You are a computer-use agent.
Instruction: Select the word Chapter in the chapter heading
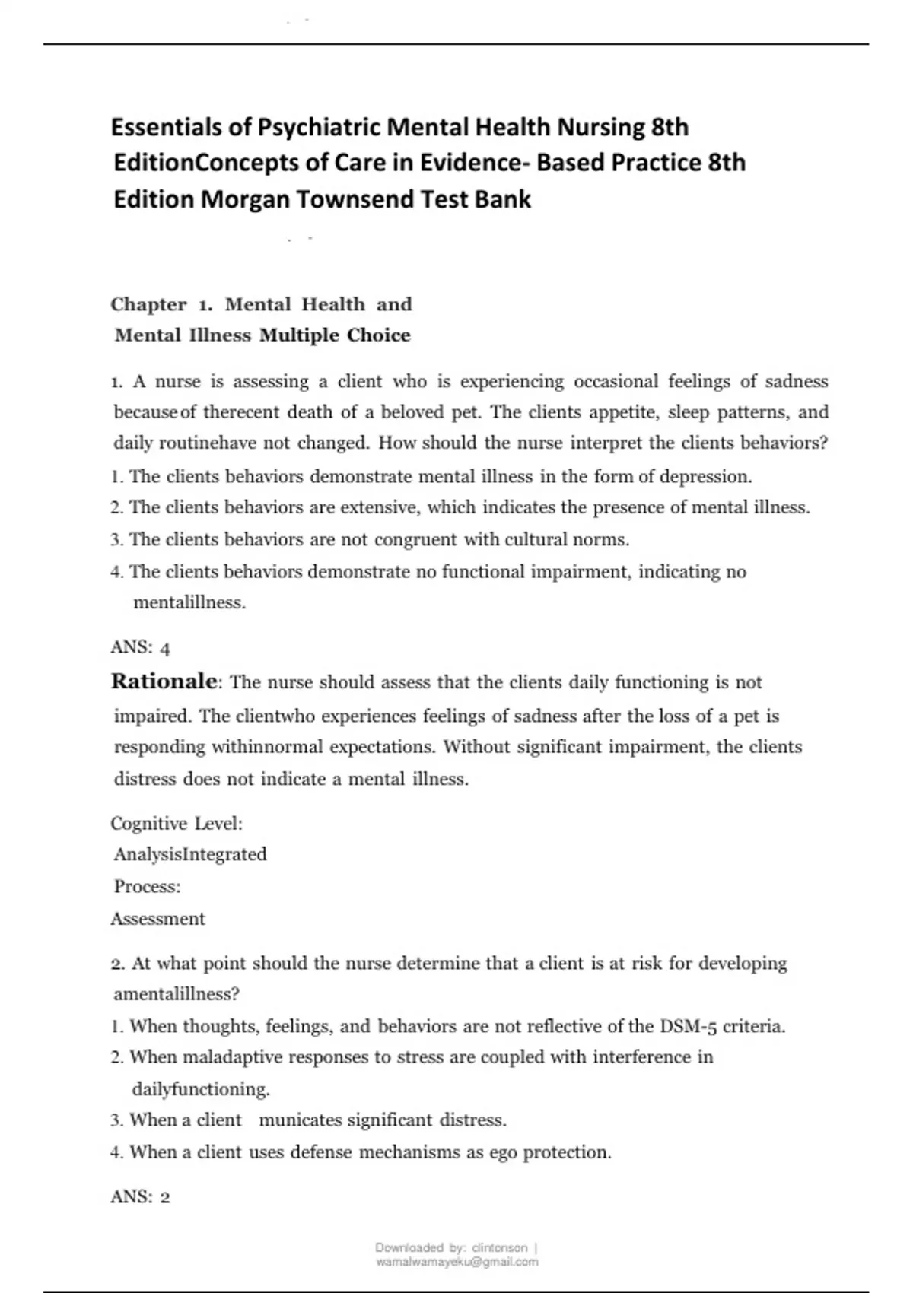148,304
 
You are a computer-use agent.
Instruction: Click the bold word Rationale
164,681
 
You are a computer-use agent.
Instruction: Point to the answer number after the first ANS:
165,648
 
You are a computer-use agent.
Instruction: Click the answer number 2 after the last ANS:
165,1197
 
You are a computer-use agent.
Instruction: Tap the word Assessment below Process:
158,919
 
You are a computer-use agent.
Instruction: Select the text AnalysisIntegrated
190,854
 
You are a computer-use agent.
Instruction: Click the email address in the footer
457,1262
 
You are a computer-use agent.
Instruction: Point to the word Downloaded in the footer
409,1248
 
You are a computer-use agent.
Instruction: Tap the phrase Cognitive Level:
177,823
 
